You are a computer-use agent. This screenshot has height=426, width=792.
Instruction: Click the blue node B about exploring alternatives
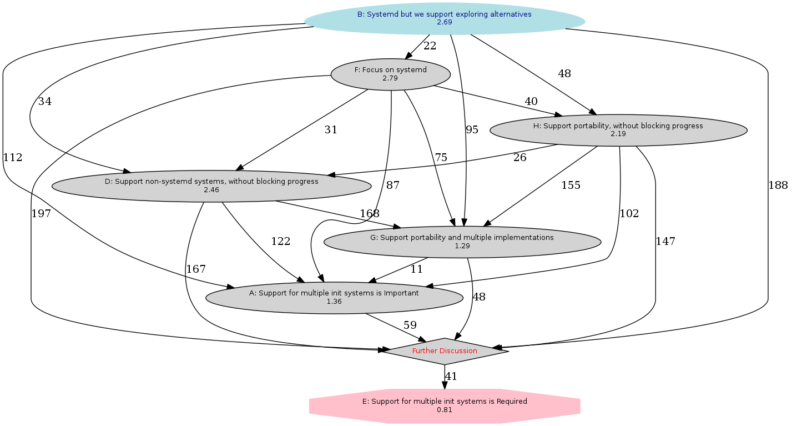444,14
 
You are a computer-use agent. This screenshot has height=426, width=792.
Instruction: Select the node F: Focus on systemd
390,74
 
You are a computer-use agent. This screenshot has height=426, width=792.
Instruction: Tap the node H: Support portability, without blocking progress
618,130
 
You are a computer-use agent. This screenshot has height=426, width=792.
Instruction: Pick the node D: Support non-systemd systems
211,186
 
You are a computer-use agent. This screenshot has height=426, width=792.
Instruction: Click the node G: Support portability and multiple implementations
462,241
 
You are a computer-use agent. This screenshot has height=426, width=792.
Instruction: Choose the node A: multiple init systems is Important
334,297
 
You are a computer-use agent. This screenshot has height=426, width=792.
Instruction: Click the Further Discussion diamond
444,351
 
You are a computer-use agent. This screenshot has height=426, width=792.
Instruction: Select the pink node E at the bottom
444,405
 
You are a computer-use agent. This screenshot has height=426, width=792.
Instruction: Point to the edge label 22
430,46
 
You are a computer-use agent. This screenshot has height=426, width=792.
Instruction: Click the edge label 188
778,186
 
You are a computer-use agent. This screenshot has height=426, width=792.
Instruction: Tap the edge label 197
42,213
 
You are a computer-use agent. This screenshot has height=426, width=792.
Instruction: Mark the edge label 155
571,186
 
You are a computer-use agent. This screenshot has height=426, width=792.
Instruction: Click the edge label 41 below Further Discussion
451,377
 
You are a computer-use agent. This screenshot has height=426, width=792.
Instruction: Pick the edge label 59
410,325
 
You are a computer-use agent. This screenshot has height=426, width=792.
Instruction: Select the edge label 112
13,157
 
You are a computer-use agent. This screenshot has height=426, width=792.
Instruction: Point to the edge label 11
416,269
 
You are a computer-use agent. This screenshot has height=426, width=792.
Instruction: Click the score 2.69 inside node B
444,23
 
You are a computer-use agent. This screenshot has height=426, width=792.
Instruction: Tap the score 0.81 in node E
444,410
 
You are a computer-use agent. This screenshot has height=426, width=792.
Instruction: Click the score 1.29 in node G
462,245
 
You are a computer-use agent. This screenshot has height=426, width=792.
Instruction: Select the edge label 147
665,241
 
